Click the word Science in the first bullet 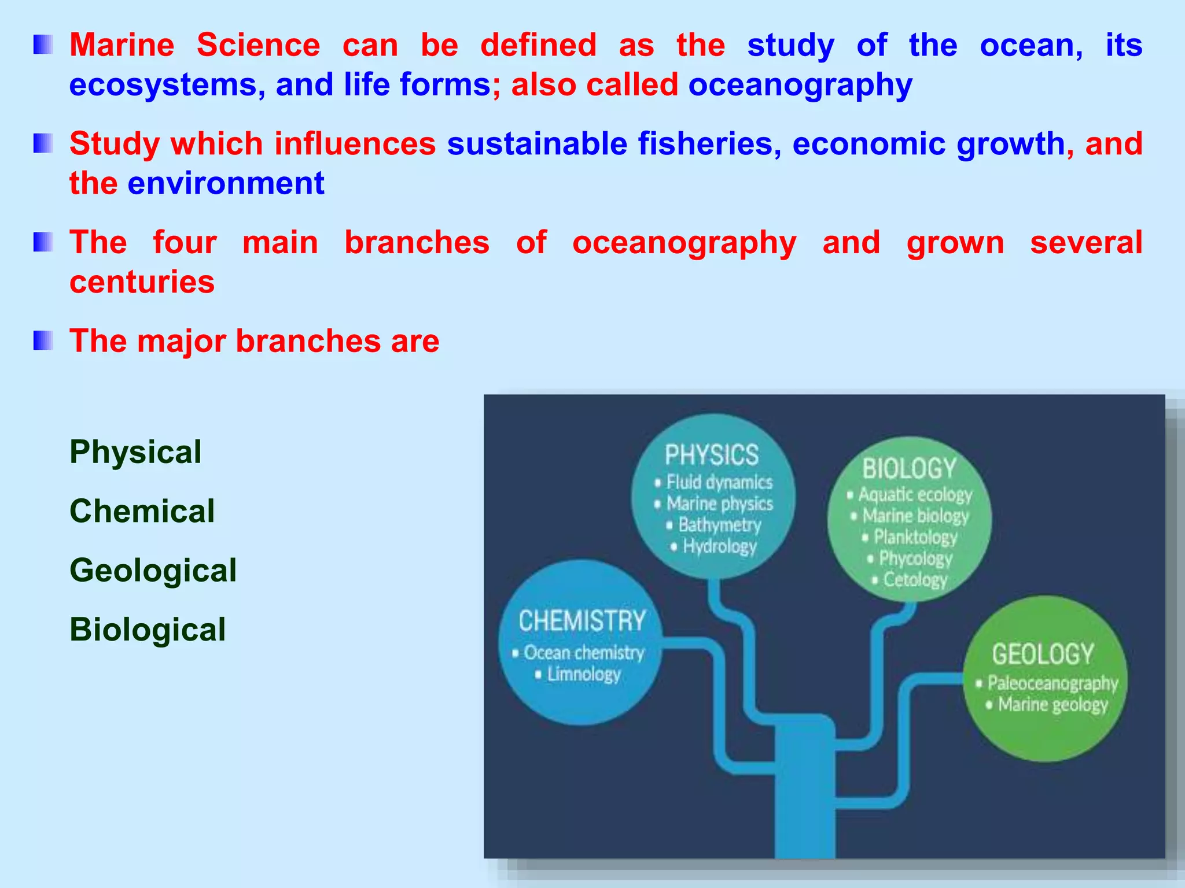pos(258,45)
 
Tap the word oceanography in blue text pos(800,86)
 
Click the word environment pos(226,184)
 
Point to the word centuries pos(142,282)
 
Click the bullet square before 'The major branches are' pos(43,341)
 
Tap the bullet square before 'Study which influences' pos(43,143)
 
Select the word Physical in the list pos(135,452)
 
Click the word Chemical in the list pos(142,511)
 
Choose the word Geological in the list pos(153,570)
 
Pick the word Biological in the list pos(148,630)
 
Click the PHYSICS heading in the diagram pos(711,455)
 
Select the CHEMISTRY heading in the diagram pos(582,621)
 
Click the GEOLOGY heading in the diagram pos(1043,654)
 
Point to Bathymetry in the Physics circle pos(719,525)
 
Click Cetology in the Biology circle pos(915,579)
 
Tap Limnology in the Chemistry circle pos(583,674)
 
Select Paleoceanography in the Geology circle pos(1052,683)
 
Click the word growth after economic pos(1010,144)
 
